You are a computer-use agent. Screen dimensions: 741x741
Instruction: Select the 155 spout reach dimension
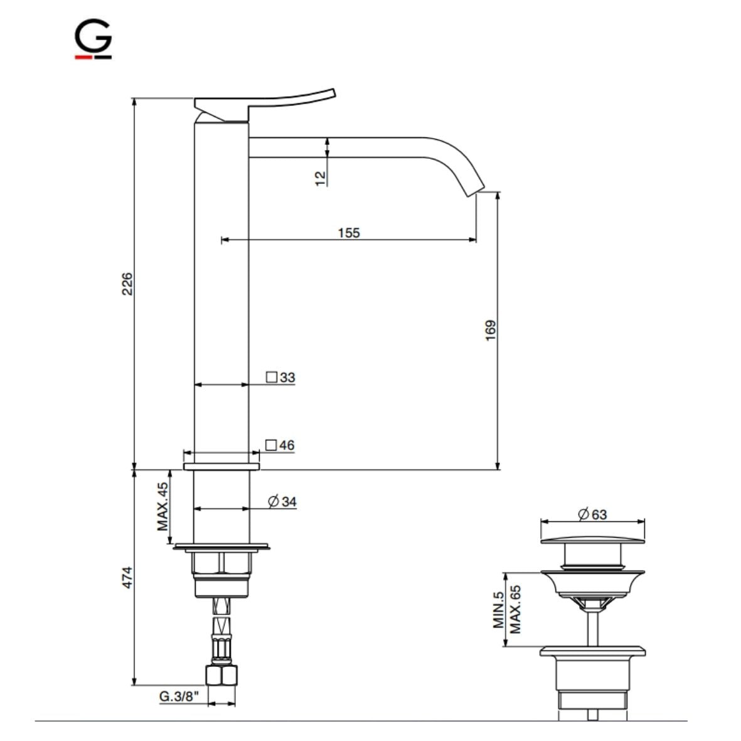coord(349,232)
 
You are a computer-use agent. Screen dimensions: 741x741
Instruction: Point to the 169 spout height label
coord(491,330)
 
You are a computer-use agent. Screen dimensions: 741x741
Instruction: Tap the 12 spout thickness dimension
coord(321,178)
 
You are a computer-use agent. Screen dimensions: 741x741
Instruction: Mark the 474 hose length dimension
coord(127,578)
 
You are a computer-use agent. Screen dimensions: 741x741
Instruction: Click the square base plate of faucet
coord(221,467)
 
